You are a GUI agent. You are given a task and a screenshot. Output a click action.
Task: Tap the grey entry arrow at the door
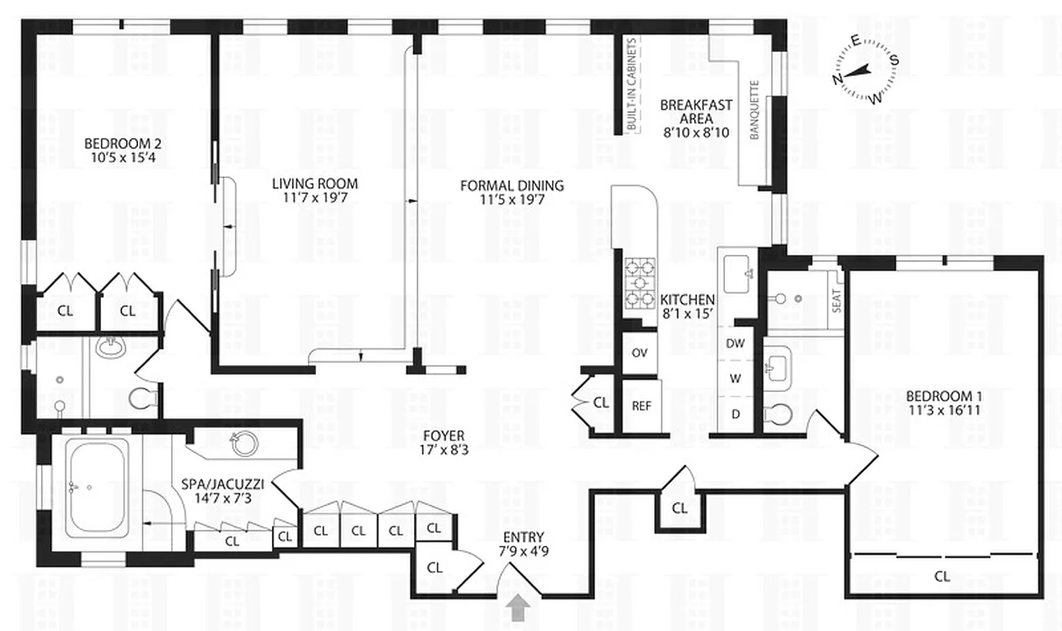click(x=518, y=608)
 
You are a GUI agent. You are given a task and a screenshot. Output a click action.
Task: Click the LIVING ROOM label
click(x=315, y=190)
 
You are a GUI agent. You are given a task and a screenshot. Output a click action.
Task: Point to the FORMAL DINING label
click(x=512, y=192)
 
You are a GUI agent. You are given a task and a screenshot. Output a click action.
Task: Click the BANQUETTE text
click(x=754, y=110)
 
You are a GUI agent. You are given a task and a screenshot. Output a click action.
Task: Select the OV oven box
click(x=639, y=352)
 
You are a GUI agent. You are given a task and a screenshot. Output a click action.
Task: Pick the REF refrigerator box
click(x=641, y=406)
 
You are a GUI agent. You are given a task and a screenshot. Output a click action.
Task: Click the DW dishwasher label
click(x=735, y=343)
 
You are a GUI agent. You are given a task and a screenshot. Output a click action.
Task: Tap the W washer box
click(x=735, y=378)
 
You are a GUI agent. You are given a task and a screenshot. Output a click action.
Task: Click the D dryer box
click(x=735, y=413)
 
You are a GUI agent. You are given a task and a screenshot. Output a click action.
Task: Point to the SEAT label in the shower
click(x=836, y=304)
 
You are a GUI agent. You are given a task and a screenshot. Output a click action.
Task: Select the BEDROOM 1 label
click(x=944, y=402)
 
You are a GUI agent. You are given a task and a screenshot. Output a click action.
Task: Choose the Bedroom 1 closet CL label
click(x=941, y=577)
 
